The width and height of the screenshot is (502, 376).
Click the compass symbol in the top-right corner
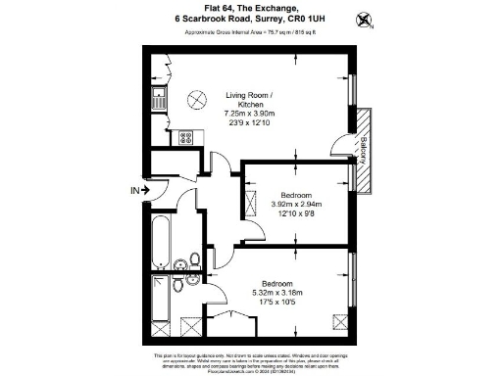point(367,18)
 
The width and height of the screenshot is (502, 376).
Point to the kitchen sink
point(160,97)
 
